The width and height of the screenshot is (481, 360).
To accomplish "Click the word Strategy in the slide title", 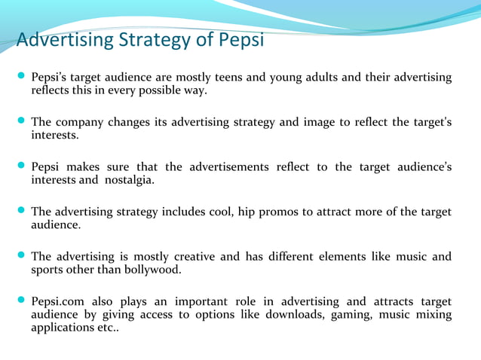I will tap(154, 39).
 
